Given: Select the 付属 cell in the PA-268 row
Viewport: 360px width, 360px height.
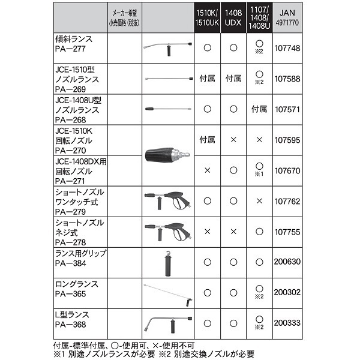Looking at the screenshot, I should pyautogui.click(x=259, y=109).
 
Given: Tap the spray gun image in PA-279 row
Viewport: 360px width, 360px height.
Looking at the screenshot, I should pyautogui.click(x=167, y=201).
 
